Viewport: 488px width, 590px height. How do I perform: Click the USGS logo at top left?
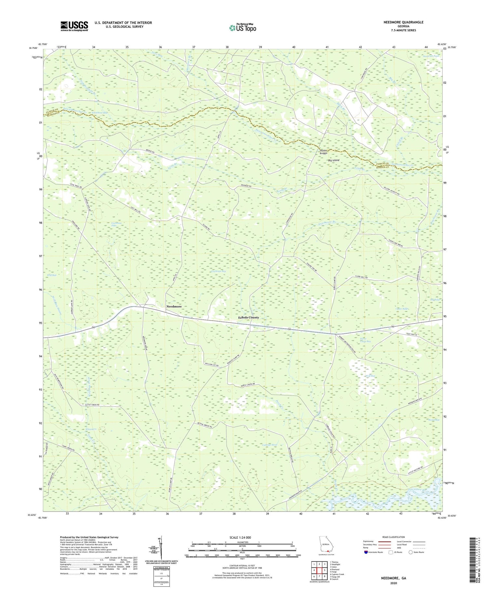pyautogui.click(x=74, y=26)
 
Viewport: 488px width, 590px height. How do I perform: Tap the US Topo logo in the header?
pyautogui.click(x=242, y=28)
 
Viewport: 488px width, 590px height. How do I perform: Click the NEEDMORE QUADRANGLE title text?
pyautogui.click(x=403, y=22)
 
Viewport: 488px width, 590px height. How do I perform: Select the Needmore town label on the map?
pyautogui.click(x=174, y=307)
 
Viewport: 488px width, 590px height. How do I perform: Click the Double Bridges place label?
pyautogui.click(x=323, y=152)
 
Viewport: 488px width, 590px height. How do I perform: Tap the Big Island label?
pyautogui.click(x=333, y=160)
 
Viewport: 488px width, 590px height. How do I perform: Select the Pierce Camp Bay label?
pyautogui.click(x=365, y=340)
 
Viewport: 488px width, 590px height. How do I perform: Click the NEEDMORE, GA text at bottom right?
pyautogui.click(x=394, y=578)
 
